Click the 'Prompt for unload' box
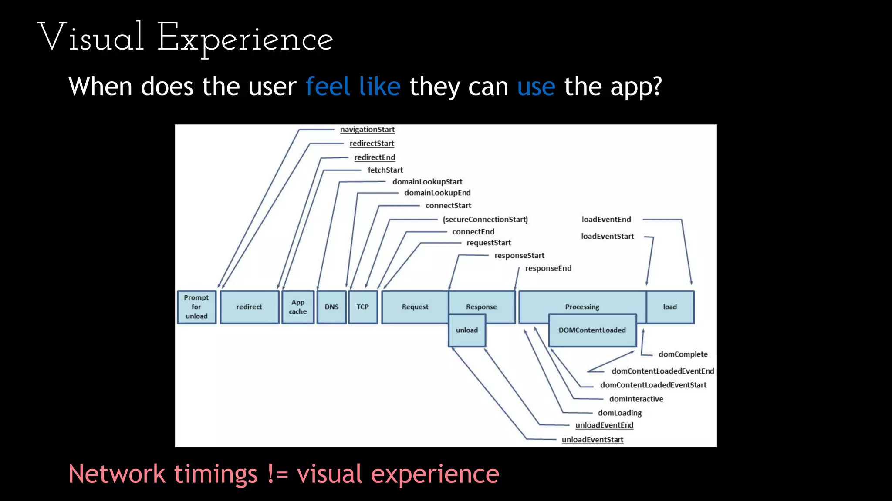click(x=196, y=307)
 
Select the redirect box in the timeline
click(x=249, y=307)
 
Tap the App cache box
click(x=298, y=307)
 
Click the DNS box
click(x=331, y=307)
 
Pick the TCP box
click(x=363, y=307)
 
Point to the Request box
click(x=415, y=307)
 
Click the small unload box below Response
click(x=467, y=331)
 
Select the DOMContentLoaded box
click(x=592, y=331)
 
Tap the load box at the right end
click(x=670, y=307)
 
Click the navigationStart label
click(x=367, y=130)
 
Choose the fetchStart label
click(x=385, y=170)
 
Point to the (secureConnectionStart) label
click(x=485, y=220)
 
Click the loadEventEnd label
click(x=606, y=220)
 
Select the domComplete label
click(x=683, y=354)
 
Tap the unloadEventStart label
click(x=592, y=440)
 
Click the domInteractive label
click(x=636, y=399)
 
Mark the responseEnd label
click(x=548, y=268)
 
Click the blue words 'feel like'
click(x=353, y=86)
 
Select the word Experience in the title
click(x=245, y=38)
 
